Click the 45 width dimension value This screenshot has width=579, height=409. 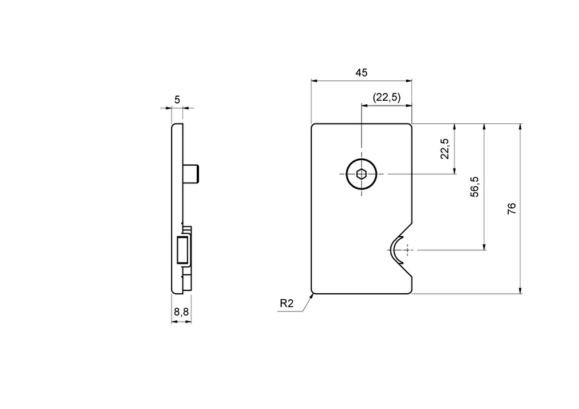pos(362,72)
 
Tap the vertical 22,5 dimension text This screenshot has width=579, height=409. pos(444,149)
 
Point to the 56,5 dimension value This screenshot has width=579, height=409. pos(475,187)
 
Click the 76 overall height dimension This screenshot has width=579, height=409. pos(512,209)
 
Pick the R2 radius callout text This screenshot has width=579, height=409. pos(286,303)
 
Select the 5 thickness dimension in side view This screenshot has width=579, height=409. pos(177,100)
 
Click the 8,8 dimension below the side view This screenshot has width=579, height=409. pos(181,312)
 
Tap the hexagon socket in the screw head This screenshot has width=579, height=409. pos(361,175)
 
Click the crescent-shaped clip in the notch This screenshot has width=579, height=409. pos(393,250)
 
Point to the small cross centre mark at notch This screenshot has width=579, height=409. pos(407,250)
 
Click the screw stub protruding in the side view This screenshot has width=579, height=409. pos(192,175)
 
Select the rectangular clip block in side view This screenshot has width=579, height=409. pos(182,249)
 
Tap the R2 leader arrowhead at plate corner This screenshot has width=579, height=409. pos(312,296)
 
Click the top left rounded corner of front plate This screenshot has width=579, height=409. pos(313,125)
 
